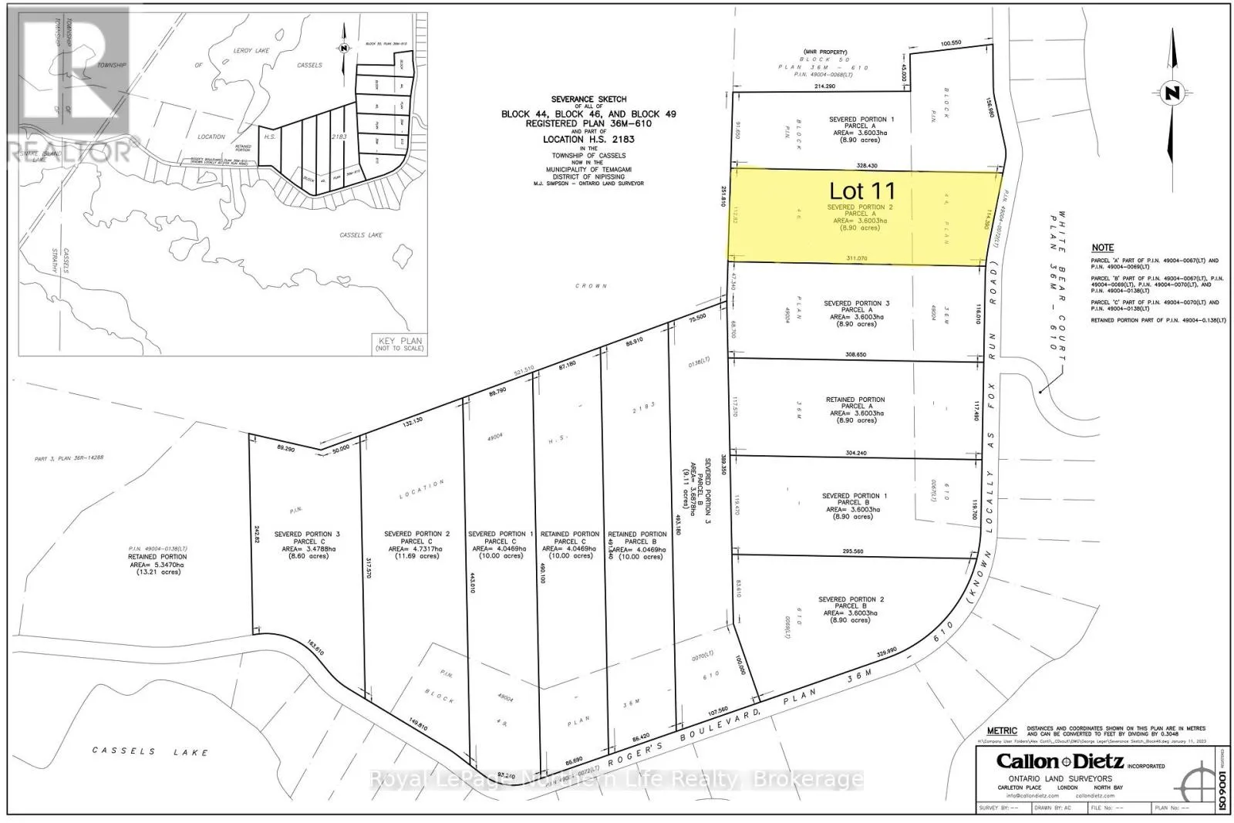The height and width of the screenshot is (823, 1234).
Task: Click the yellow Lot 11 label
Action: click(862, 190)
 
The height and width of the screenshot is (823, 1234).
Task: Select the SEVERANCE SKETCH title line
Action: click(588, 100)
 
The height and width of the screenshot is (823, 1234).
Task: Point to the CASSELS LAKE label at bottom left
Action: click(150, 750)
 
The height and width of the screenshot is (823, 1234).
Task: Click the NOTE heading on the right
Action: click(1103, 248)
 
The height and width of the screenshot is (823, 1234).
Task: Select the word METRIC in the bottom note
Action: click(1003, 730)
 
